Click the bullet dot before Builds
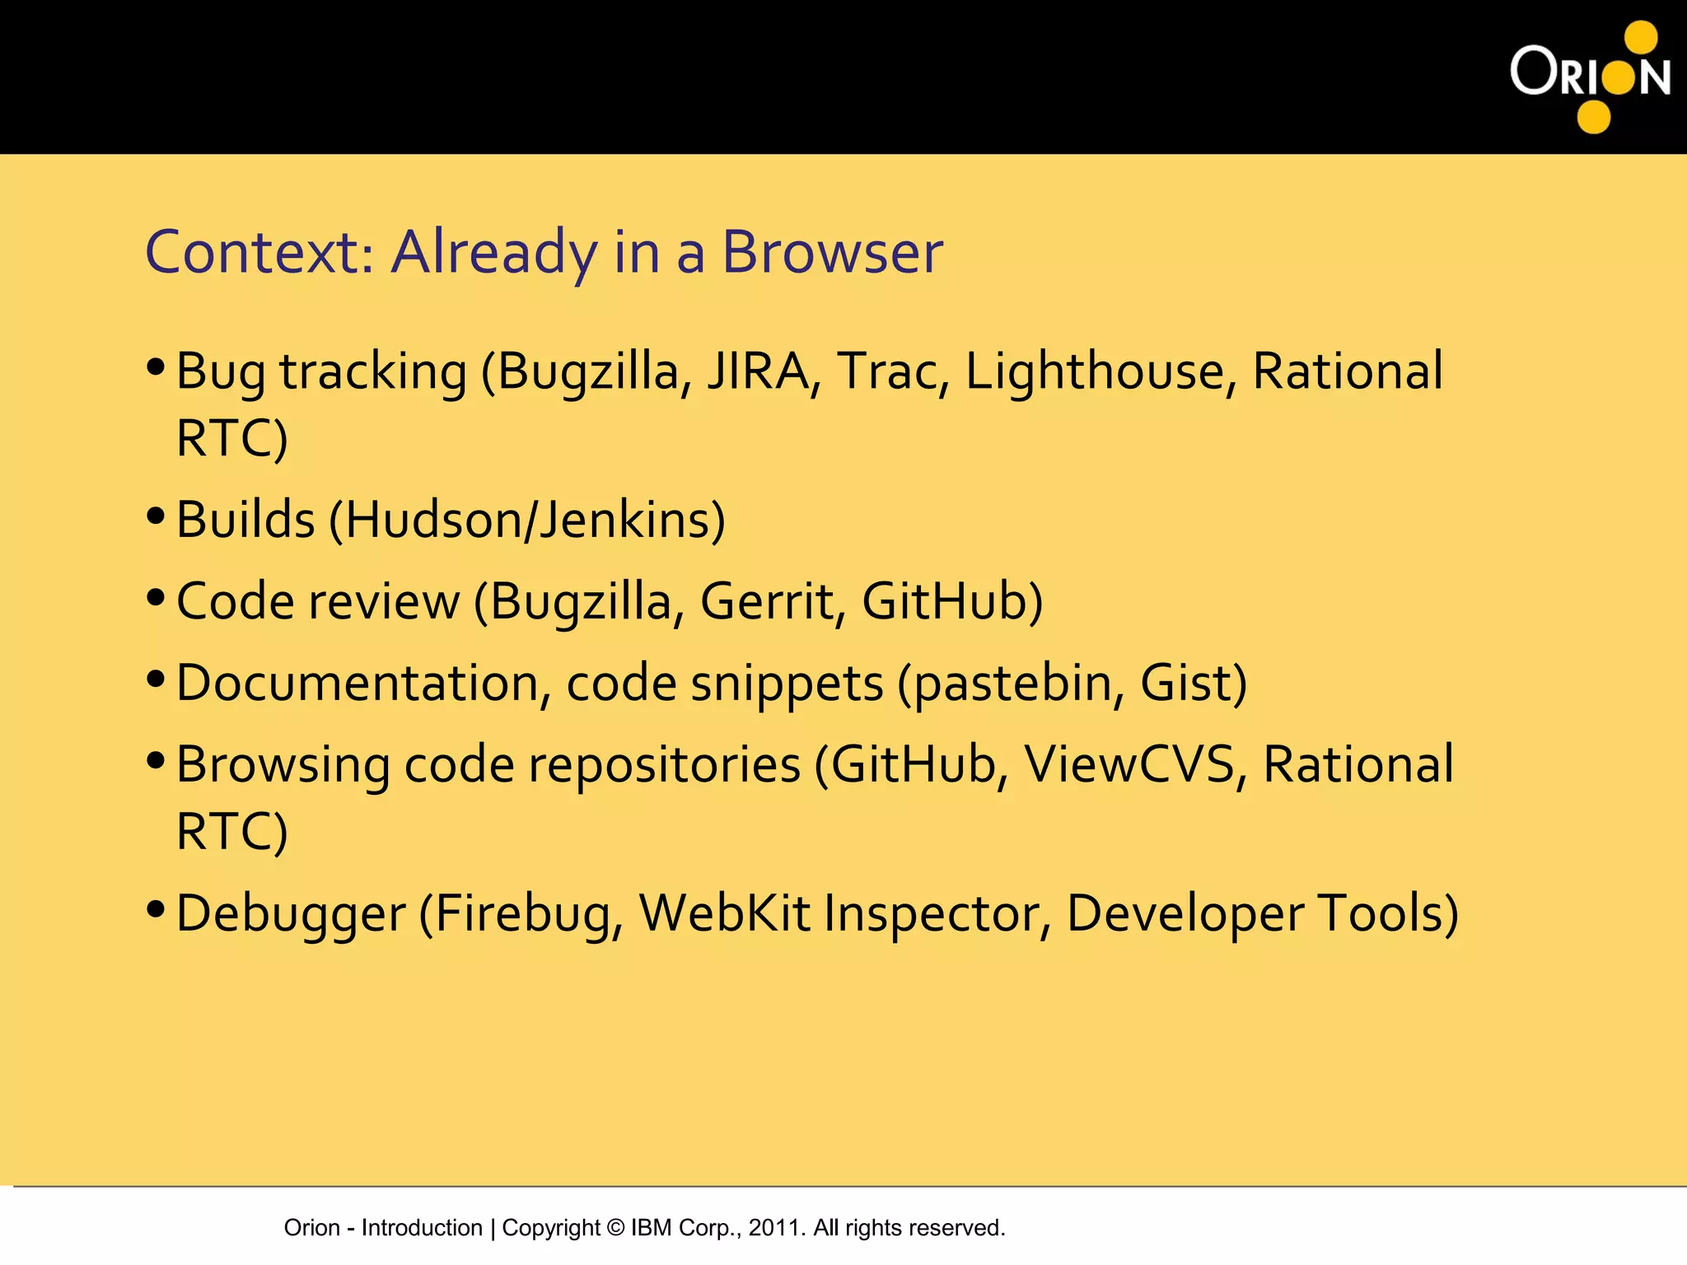[156, 516]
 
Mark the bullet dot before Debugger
[156, 910]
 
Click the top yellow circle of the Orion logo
[1641, 38]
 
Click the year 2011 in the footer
[773, 1227]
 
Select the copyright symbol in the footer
[615, 1227]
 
